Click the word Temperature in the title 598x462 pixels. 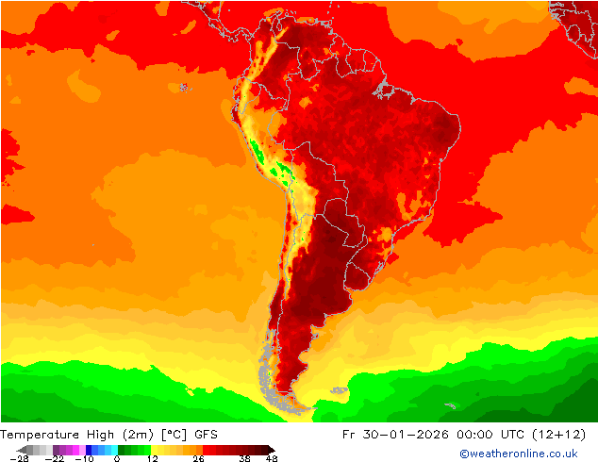(40, 435)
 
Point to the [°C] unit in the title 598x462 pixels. (174, 435)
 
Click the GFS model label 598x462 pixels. (207, 435)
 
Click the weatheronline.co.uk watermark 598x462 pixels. (519, 454)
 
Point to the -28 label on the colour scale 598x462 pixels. (19, 458)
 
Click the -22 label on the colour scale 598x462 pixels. (54, 458)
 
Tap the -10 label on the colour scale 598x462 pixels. (84, 458)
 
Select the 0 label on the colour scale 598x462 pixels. (116, 458)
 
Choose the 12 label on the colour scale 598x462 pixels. (152, 458)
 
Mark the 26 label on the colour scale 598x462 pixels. (198, 458)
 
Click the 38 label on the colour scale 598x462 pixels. (243, 458)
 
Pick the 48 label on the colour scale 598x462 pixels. (272, 458)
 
